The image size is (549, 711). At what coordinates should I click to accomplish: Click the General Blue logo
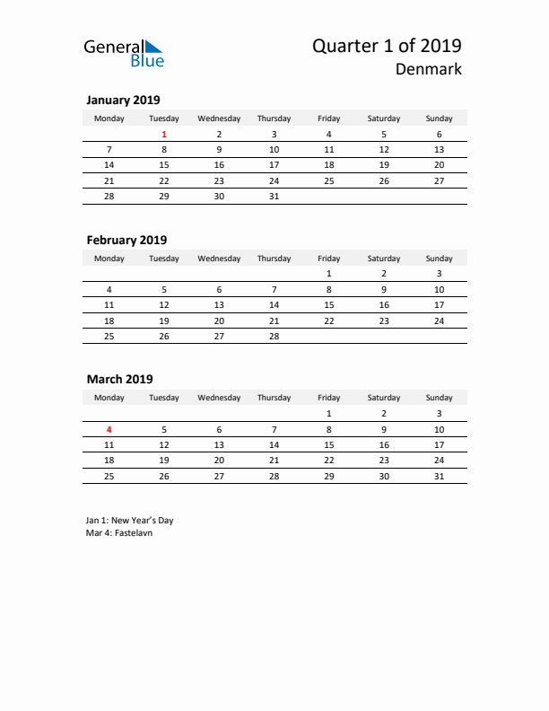pos(124,52)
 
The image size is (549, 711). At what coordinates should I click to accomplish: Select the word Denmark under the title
pos(429,69)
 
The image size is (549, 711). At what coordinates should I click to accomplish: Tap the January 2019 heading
pos(123,100)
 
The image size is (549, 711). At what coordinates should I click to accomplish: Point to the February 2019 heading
pos(126,240)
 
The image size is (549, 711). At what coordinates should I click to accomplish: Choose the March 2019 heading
pos(119,379)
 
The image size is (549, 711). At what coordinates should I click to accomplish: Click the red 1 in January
pos(164,134)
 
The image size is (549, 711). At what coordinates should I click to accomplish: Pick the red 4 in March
pos(109,428)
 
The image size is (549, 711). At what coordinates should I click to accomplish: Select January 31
pos(274,196)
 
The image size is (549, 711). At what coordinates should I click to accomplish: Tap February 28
pos(274,336)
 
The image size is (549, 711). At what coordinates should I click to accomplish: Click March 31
pos(439,475)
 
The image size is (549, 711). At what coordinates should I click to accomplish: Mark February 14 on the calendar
pos(274,304)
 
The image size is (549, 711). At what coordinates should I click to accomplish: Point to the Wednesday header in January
pos(219,118)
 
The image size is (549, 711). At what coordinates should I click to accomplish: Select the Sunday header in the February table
pos(439,258)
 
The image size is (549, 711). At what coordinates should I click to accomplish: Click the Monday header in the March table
pos(109,397)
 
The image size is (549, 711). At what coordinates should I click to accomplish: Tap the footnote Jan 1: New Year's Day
pos(130,520)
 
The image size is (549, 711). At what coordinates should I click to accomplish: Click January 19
pos(384,165)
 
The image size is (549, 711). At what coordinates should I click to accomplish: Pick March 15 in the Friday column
pos(328,443)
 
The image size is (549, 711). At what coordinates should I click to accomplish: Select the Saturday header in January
pos(384,118)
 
